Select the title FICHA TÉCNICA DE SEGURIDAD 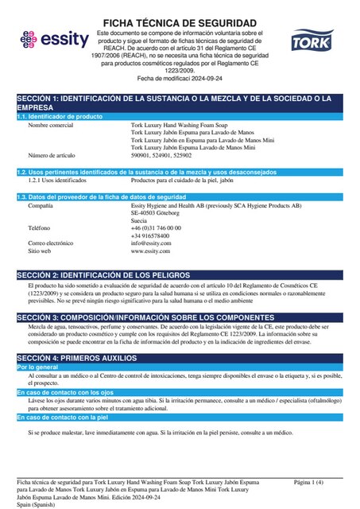point(180,22)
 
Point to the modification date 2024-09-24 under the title point(201,80)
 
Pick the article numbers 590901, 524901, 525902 point(161,155)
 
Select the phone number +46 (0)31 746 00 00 point(156,227)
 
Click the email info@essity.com point(151,243)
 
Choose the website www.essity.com point(151,251)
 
